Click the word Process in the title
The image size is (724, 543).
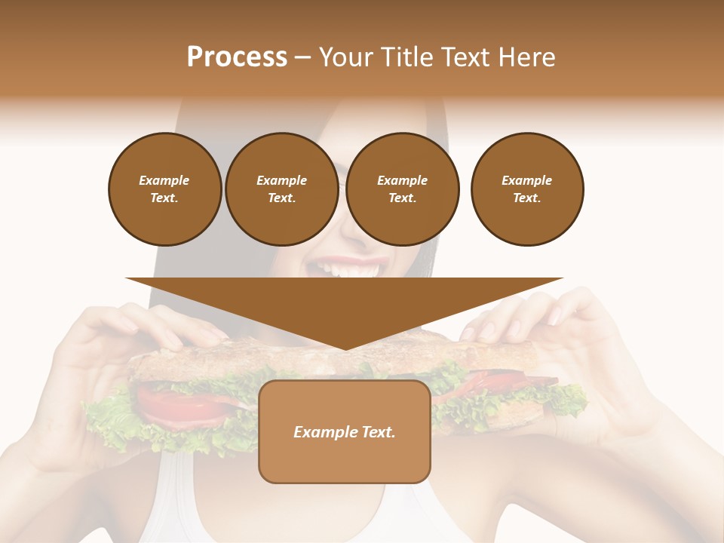pos(237,57)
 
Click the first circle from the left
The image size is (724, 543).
pos(164,189)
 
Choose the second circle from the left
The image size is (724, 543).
pos(281,189)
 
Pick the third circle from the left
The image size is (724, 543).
pos(402,189)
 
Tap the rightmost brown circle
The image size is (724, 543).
pos(526,189)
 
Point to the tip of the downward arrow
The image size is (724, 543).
pos(345,348)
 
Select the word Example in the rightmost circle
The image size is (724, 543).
pos(526,180)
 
